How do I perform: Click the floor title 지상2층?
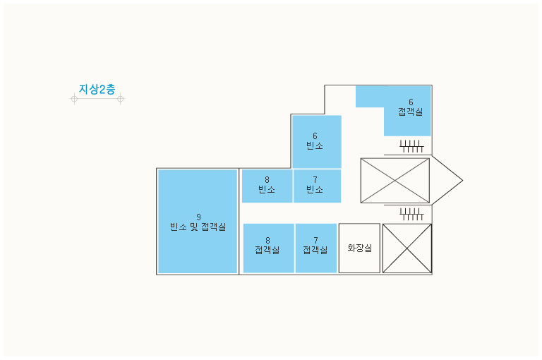(97, 89)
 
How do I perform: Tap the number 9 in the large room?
(198, 217)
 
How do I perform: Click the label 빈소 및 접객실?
(198, 227)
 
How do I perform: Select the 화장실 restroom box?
(359, 248)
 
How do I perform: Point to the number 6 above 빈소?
(315, 136)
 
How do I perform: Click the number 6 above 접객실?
(411, 102)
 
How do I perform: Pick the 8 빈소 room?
(267, 186)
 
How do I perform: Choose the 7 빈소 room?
(318, 186)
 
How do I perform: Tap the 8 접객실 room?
(269, 248)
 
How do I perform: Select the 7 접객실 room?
(316, 248)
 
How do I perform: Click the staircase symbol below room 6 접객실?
(411, 146)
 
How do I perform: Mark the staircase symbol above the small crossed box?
(411, 214)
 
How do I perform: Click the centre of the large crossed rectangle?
(395, 181)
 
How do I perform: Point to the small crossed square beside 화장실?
(407, 248)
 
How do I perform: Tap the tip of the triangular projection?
(462, 180)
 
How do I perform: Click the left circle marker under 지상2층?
(74, 99)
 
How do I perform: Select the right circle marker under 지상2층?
(120, 99)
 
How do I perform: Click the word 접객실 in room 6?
(410, 112)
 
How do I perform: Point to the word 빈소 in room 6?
(315, 145)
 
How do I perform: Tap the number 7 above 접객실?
(315, 240)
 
